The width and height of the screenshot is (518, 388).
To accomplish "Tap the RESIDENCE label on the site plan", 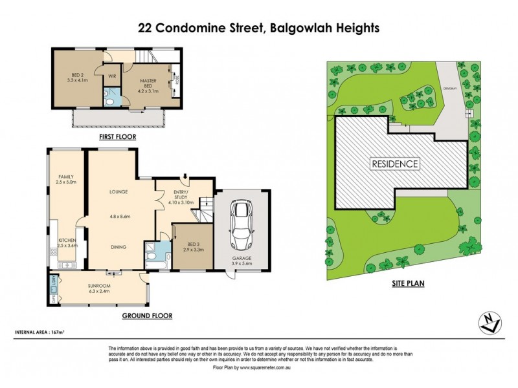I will (394, 164).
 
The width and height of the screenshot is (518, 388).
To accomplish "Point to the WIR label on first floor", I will (111, 75).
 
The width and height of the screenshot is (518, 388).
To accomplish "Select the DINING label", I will (117, 247).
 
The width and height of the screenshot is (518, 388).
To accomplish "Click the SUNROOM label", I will (100, 287).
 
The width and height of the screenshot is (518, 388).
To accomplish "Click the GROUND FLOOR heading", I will (147, 316).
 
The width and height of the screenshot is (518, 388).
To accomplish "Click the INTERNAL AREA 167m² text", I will (40, 332).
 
